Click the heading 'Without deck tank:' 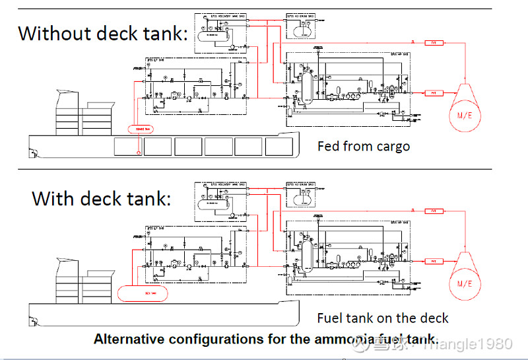pos(102,33)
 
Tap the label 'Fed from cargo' pos(363,146)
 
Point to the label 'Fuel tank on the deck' pos(383,318)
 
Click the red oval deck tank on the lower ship pos(141,293)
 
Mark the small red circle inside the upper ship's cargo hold pos(138,153)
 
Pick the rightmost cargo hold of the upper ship pos(279,147)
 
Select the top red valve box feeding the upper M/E pos(433,42)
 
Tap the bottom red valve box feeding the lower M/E pos(433,262)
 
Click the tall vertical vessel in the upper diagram pos(307,87)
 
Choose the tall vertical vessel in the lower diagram pos(307,256)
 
